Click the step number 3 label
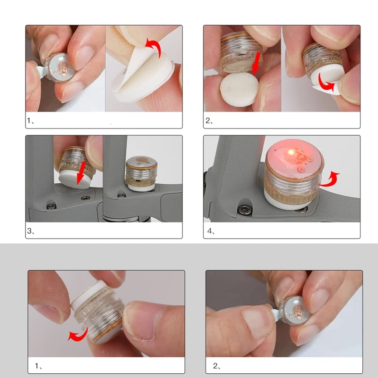(31, 231)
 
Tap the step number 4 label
(211, 231)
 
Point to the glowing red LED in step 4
(291, 152)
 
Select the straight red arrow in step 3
(80, 173)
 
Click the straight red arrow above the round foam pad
(257, 64)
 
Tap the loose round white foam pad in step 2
(240, 90)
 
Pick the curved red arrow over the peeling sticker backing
(154, 48)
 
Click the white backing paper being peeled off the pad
(135, 68)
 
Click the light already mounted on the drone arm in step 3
(142, 173)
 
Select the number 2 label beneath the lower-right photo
(217, 366)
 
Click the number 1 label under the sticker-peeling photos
(30, 120)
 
